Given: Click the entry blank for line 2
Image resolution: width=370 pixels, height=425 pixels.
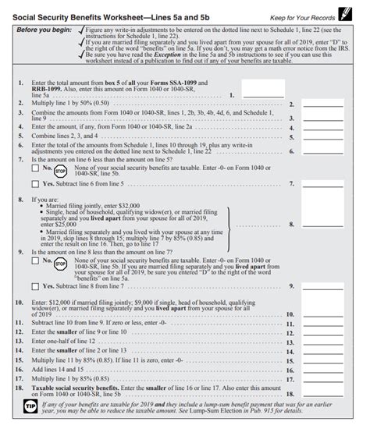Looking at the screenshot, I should coord(322,104).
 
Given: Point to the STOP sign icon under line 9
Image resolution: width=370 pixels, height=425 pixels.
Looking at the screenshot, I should coord(61,264).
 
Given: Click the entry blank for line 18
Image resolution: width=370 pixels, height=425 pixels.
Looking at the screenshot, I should coord(322,395).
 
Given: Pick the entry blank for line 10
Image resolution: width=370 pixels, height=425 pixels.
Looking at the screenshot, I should coord(322,313).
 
